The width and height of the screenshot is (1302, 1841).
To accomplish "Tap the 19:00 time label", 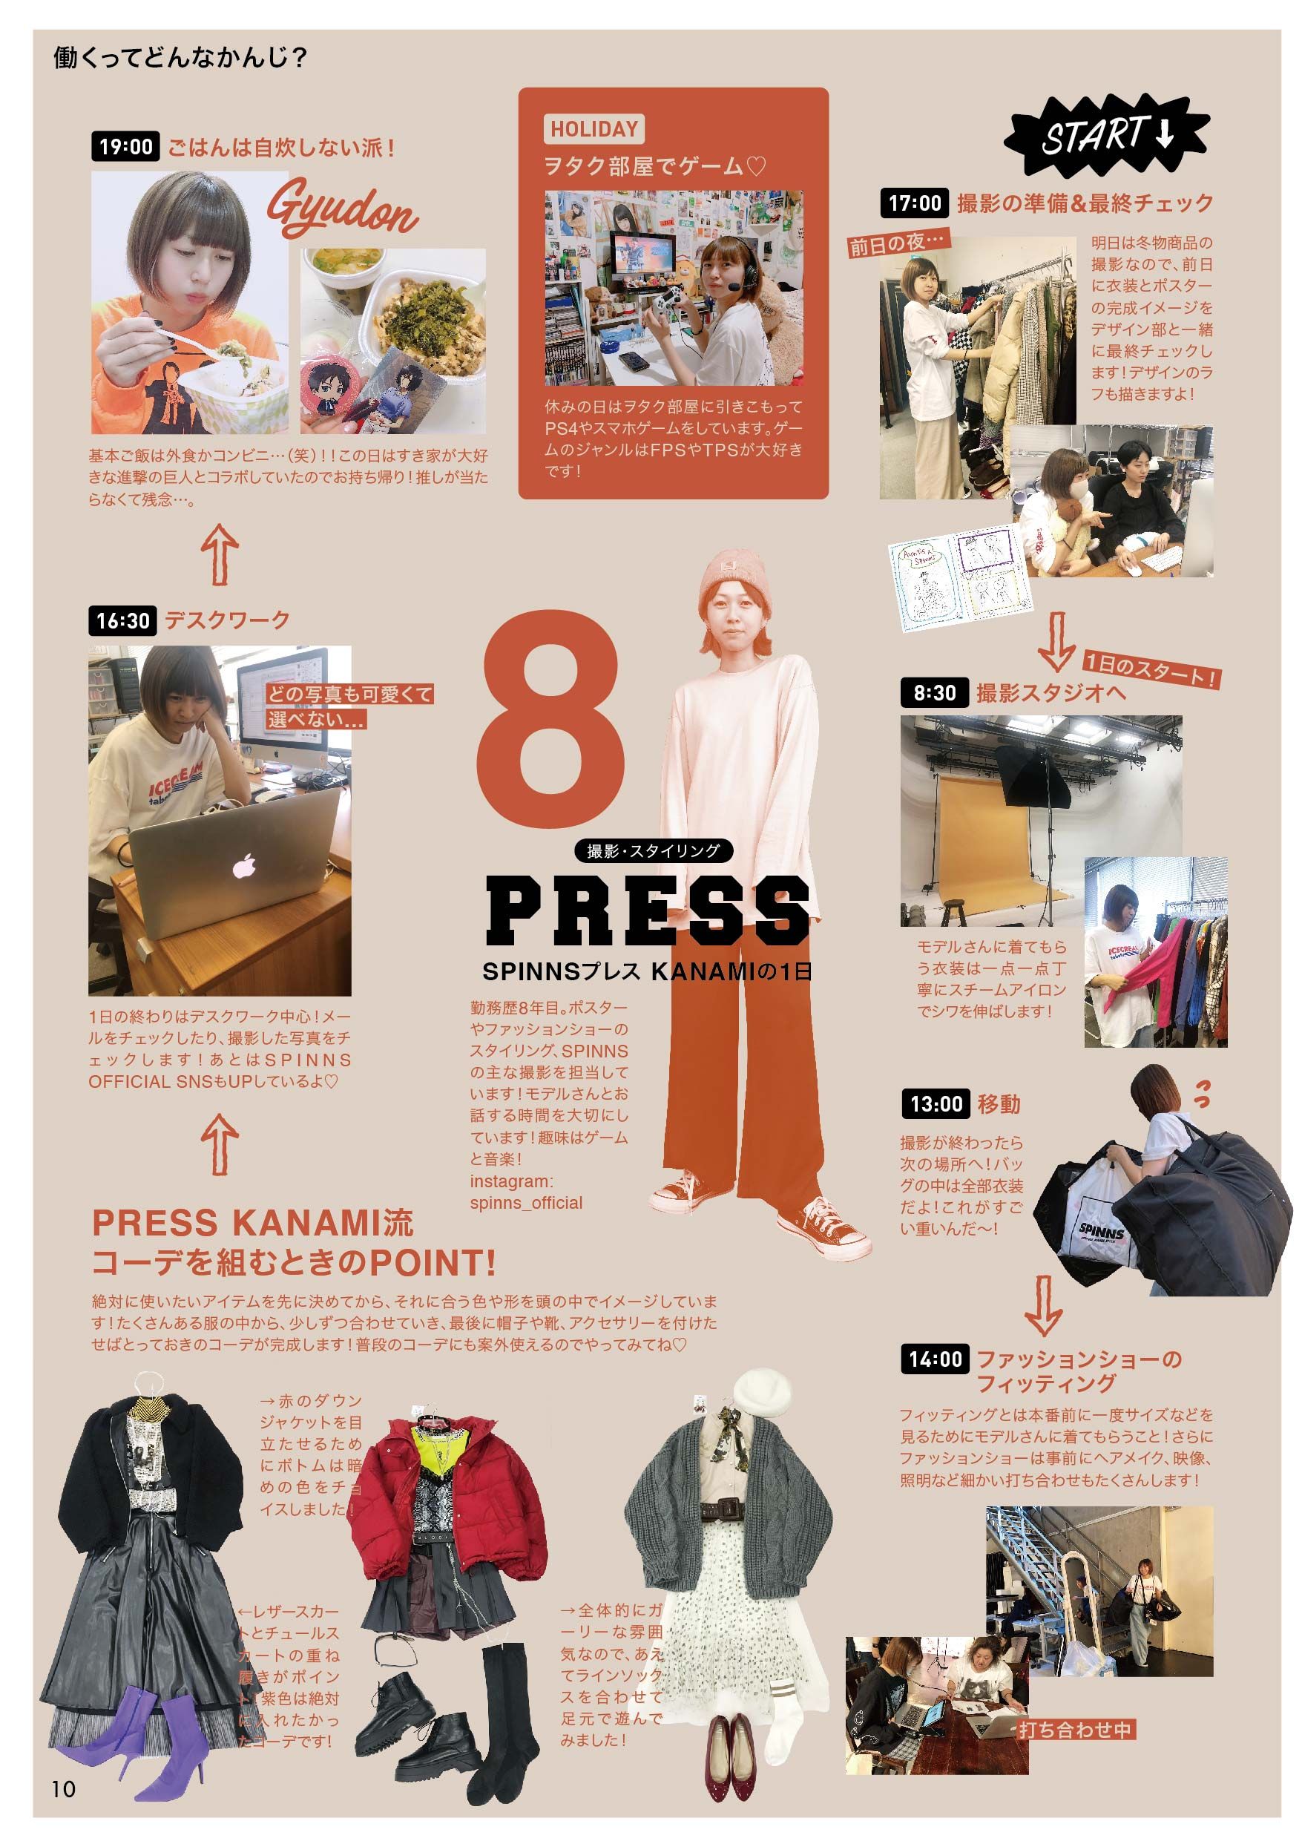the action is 126,147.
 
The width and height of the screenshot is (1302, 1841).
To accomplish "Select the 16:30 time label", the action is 122,620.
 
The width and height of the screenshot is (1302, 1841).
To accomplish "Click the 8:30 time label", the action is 935,692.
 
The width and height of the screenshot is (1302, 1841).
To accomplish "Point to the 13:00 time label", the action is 936,1104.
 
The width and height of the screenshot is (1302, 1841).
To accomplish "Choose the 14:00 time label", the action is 935,1358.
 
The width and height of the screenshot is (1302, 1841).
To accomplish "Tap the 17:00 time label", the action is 914,203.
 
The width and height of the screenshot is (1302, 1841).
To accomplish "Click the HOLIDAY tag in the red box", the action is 594,128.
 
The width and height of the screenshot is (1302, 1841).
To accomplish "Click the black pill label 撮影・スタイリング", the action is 654,850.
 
